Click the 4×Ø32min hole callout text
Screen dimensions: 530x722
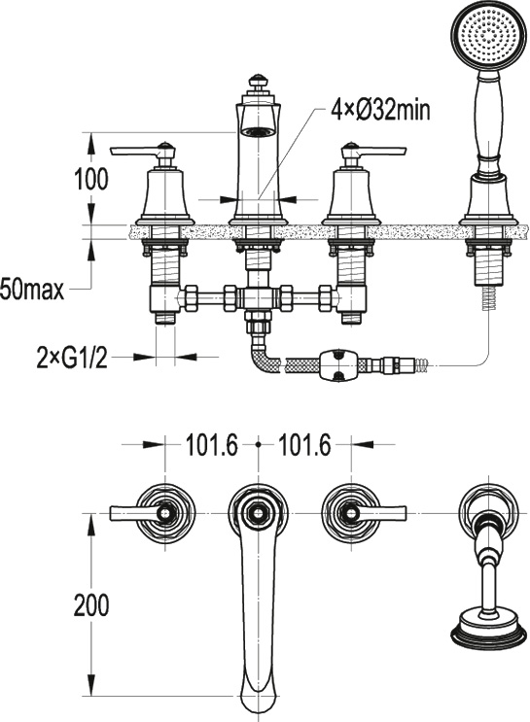click(x=380, y=111)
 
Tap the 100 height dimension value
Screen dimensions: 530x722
click(x=91, y=179)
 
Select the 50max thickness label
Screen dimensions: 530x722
click(x=32, y=291)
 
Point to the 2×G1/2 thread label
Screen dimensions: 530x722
click(x=72, y=358)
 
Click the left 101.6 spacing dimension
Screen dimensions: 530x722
click(x=211, y=445)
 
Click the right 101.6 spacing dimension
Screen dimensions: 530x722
click(x=305, y=445)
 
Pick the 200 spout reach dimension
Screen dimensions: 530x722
click(x=91, y=605)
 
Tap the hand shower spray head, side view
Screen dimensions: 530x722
click(x=487, y=35)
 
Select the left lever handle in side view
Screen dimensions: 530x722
click(x=142, y=151)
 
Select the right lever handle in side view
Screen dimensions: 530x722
click(x=373, y=151)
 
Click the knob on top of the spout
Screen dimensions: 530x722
click(x=257, y=81)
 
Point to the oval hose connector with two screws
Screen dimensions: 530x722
click(x=339, y=365)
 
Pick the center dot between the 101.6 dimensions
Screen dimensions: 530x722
click(x=258, y=445)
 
